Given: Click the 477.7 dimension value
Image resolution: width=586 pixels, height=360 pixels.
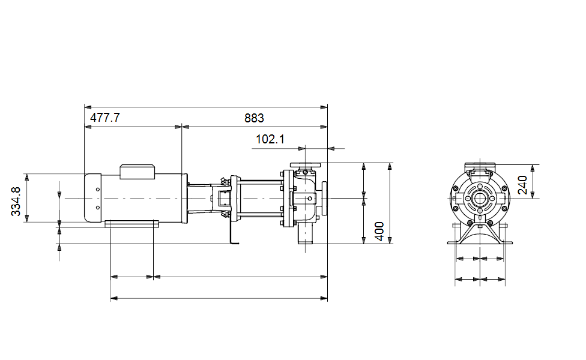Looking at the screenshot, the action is pos(105,118).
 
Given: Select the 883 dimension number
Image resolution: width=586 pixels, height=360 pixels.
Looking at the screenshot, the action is pos(254,118).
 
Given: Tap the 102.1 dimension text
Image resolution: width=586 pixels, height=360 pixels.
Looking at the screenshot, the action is pos(270,139).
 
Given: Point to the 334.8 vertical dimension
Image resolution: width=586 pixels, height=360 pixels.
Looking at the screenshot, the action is pos(16,201).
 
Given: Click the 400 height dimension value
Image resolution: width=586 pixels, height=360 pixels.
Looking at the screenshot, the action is pos(379,232).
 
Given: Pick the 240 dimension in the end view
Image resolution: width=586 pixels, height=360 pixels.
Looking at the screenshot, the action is pos(522,185).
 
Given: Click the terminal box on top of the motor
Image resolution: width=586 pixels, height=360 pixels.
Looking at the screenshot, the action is pos(137,172).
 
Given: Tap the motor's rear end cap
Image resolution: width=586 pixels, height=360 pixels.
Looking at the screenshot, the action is pos(93,197).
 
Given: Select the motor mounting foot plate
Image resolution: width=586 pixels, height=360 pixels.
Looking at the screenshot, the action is pos(131,224).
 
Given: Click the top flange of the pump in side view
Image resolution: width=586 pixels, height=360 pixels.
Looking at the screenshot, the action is pos(306,165).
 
